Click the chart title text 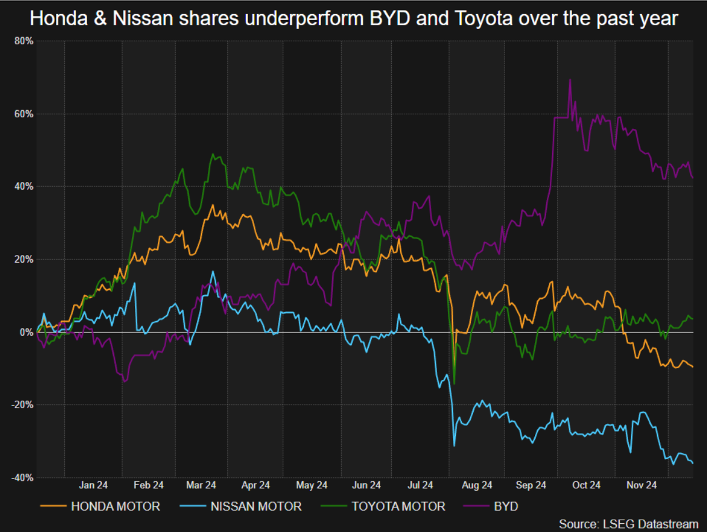[353, 19]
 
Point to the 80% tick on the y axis [24, 41]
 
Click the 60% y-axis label [24, 114]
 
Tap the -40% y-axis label [23, 477]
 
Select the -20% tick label [23, 405]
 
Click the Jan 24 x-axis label [94, 485]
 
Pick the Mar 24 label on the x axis [202, 485]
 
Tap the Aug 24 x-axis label [477, 485]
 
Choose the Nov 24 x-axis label [641, 485]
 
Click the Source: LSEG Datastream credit [628, 523]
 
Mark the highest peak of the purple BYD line [570, 79]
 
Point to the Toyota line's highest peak [213, 154]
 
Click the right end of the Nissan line [692, 463]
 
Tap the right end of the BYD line [692, 177]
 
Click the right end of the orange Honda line [692, 367]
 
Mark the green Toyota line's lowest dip [454, 384]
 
